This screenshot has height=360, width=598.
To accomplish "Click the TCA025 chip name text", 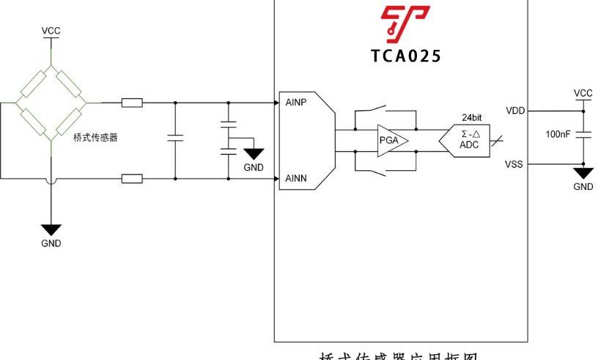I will (405, 56).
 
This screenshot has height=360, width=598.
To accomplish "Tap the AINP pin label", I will (295, 103).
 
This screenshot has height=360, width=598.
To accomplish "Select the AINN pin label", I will (295, 179).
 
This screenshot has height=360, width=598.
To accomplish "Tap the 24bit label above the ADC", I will (471, 117).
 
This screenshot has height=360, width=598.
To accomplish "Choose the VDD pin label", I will (514, 111).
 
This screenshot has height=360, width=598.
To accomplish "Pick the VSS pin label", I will (514, 164).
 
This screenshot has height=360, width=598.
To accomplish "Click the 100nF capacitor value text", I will (559, 135).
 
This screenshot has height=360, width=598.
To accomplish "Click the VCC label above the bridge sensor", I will (51, 31).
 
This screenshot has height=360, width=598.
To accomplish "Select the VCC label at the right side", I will (583, 93).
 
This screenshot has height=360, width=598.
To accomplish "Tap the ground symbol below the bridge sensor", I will (51, 230).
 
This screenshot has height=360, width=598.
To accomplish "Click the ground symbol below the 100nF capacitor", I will (583, 173).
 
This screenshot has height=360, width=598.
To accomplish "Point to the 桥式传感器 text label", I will (95, 138).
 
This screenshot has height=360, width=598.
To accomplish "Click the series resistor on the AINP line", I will (132, 103).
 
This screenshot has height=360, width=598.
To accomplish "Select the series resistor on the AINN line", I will (132, 178).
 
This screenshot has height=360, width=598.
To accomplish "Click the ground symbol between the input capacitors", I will (254, 154).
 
